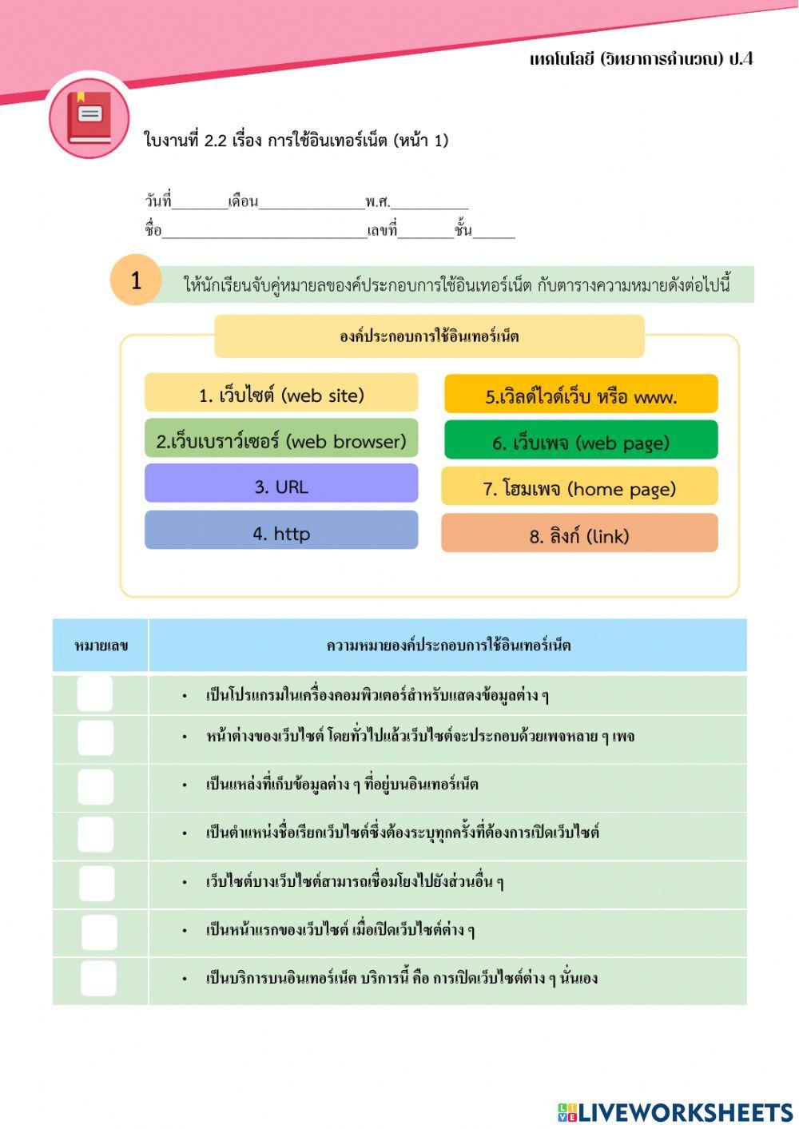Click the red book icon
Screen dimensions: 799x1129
(x=89, y=118)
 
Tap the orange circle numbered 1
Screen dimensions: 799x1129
(x=136, y=280)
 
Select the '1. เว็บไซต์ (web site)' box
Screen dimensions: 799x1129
(x=281, y=394)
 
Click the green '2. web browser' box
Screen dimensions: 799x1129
(x=281, y=440)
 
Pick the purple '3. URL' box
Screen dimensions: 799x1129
(x=281, y=486)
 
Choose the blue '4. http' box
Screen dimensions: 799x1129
(x=281, y=532)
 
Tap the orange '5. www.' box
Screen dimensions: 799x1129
(x=581, y=396)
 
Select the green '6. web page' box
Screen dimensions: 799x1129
(x=581, y=441)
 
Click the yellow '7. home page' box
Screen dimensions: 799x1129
(x=579, y=487)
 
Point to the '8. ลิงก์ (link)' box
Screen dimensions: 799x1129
(x=579, y=535)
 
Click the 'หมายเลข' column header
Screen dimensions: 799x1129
(x=101, y=645)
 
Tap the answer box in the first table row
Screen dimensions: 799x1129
(x=95, y=694)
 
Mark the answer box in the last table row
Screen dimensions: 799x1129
(x=98, y=978)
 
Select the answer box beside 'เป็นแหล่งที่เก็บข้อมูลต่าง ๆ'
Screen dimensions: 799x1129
(x=95, y=786)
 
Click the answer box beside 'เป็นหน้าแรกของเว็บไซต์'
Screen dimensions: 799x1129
(x=98, y=932)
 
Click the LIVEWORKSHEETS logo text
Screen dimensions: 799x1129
(x=676, y=1111)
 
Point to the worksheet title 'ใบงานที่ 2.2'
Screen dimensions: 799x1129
(x=296, y=141)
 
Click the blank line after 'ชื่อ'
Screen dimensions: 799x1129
(x=264, y=233)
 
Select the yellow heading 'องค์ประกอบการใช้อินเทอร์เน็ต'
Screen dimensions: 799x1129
(x=429, y=336)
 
